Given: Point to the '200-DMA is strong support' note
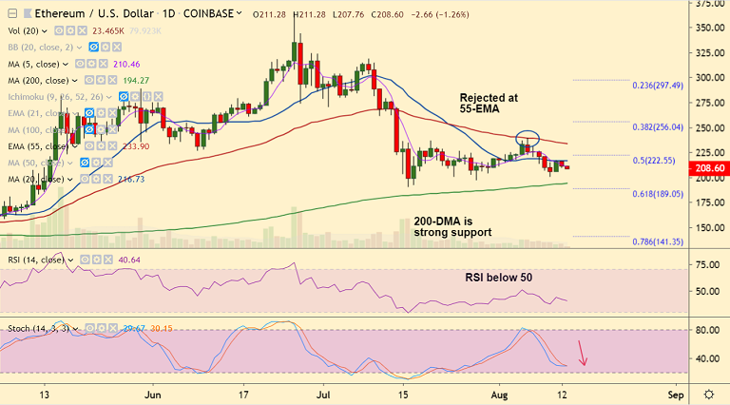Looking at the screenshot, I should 452,225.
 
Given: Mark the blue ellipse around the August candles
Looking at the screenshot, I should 528,140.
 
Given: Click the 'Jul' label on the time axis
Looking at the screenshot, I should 325,393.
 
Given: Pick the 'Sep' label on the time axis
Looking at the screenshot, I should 675,393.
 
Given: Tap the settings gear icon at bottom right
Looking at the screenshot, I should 708,393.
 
